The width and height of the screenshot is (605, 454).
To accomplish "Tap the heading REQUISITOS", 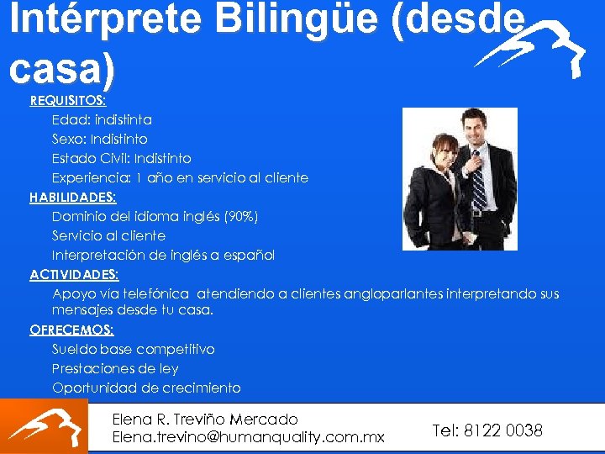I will tap(68, 101).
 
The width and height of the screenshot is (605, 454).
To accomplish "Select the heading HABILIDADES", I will tap(73, 198).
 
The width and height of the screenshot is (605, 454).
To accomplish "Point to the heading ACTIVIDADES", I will tap(75, 275).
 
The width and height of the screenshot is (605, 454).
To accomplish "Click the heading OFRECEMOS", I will tap(71, 330).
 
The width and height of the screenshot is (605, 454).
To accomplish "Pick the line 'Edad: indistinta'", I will tap(102, 120).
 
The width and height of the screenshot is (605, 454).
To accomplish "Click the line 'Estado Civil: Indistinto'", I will tap(122, 159).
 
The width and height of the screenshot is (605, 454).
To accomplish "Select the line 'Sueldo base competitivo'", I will tap(134, 350).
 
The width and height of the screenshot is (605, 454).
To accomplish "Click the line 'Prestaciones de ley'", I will tap(115, 369).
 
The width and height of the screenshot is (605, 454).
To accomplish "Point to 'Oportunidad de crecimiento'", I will tap(146, 388).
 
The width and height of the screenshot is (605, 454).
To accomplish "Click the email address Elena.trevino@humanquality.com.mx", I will tap(248, 437).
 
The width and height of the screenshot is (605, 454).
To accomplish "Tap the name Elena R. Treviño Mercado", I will tap(205, 419).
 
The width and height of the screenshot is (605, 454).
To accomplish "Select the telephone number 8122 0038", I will tap(502, 430).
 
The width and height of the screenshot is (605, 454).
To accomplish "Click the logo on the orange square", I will tap(44, 426).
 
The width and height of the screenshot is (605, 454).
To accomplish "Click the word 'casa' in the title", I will tap(57, 71).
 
